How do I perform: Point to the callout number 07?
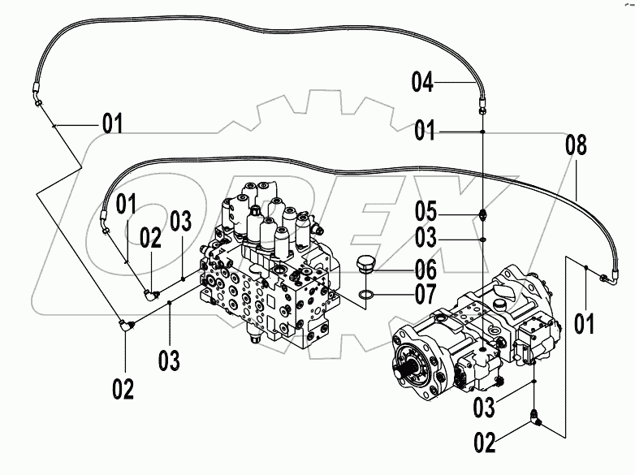(x=425, y=293)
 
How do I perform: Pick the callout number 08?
(x=576, y=147)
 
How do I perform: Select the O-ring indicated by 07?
(x=367, y=293)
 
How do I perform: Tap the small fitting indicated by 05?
(x=483, y=215)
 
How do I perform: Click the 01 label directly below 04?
(x=426, y=131)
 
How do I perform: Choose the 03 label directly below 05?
(x=427, y=239)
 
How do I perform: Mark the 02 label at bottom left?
(x=123, y=390)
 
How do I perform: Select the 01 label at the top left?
(x=113, y=125)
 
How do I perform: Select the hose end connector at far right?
(x=607, y=279)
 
